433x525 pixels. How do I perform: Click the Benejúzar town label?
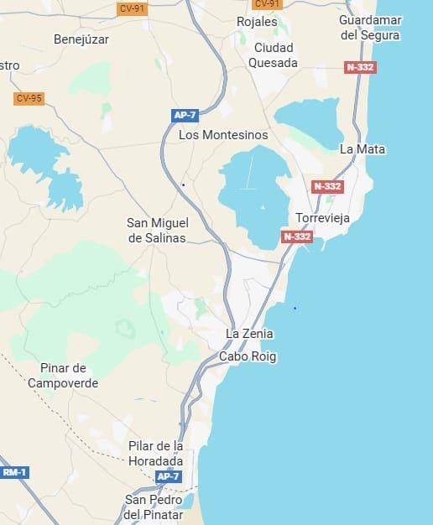(81, 39)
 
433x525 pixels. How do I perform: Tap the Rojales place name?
(257, 21)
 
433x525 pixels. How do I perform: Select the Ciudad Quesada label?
(275, 55)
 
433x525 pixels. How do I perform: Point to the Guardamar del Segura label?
(370, 28)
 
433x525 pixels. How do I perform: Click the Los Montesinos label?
(223, 134)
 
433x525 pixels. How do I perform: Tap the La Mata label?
(363, 149)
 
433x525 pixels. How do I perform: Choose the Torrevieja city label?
(322, 218)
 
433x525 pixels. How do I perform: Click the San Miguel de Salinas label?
(158, 230)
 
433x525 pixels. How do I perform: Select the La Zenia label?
(249, 334)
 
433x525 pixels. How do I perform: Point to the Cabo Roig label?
(248, 356)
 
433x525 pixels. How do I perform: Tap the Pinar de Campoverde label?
(63, 376)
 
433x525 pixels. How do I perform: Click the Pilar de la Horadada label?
(156, 454)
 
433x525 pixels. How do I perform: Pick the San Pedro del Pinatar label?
(154, 507)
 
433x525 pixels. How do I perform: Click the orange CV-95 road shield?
(29, 98)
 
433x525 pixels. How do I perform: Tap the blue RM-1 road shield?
(14, 473)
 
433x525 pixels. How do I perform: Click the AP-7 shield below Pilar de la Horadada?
(168, 476)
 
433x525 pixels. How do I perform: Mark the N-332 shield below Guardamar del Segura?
(360, 67)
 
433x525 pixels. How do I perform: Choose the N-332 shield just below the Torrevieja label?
(297, 237)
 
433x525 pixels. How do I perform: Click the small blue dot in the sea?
(295, 308)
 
